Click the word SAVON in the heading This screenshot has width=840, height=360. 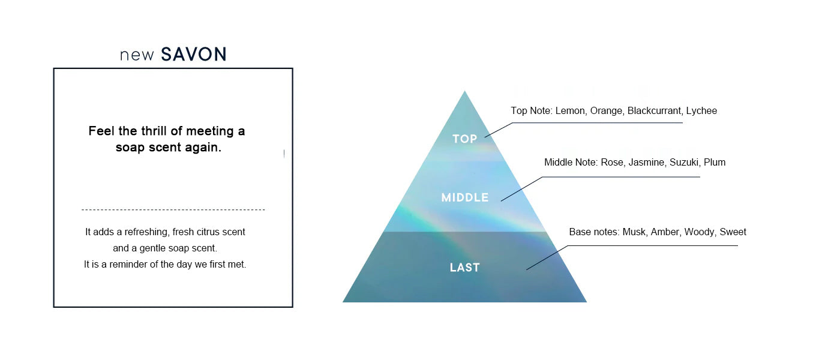pyautogui.click(x=194, y=55)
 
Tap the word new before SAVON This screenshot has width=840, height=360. pyautogui.click(x=137, y=55)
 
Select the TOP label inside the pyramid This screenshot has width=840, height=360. pyautogui.click(x=464, y=139)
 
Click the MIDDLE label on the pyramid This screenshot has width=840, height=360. pyautogui.click(x=464, y=197)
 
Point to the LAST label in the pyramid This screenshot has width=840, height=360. pyautogui.click(x=464, y=268)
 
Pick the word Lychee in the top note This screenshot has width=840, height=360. pyautogui.click(x=701, y=111)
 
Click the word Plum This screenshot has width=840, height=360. pyautogui.click(x=715, y=163)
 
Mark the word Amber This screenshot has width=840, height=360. pyautogui.click(x=664, y=232)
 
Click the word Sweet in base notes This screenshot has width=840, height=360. pyautogui.click(x=733, y=232)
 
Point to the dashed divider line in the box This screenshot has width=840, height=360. pyautogui.click(x=173, y=209)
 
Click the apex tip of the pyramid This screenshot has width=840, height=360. pyautogui.click(x=464, y=92)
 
